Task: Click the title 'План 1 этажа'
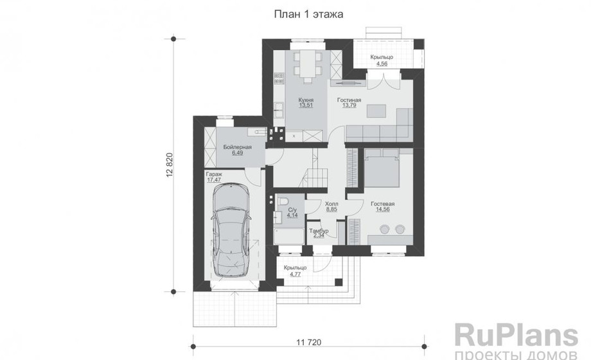pos(308,15)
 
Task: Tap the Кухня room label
pos(306,100)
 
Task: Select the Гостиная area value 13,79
pos(349,105)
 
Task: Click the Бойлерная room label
pos(238,147)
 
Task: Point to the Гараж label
pos(214,175)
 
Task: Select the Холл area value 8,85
pos(331,209)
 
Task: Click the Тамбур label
pos(319,231)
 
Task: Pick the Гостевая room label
pos(383,204)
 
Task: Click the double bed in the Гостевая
pos(382,168)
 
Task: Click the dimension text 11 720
pos(309,342)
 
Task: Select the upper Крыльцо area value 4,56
pos(382,64)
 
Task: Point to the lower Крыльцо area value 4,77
pos(295,274)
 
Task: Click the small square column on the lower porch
pos(339,282)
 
